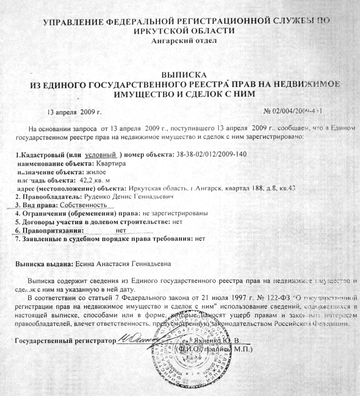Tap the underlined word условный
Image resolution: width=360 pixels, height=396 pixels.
[101, 155]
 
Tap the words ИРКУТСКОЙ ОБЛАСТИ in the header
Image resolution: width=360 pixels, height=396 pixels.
[184, 30]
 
